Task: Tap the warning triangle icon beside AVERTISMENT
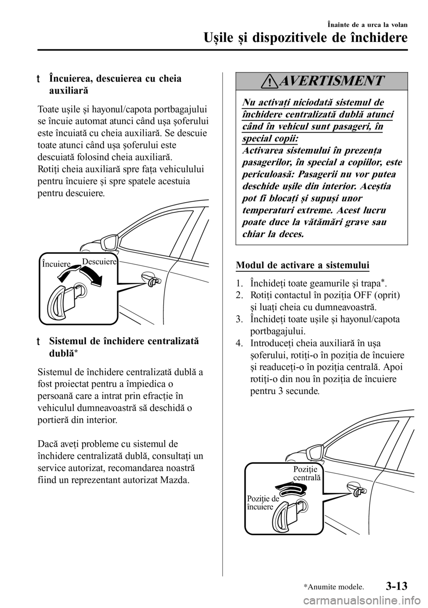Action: coord(284,81)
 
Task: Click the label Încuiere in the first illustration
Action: coord(56,264)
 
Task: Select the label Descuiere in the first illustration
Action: coord(99,262)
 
